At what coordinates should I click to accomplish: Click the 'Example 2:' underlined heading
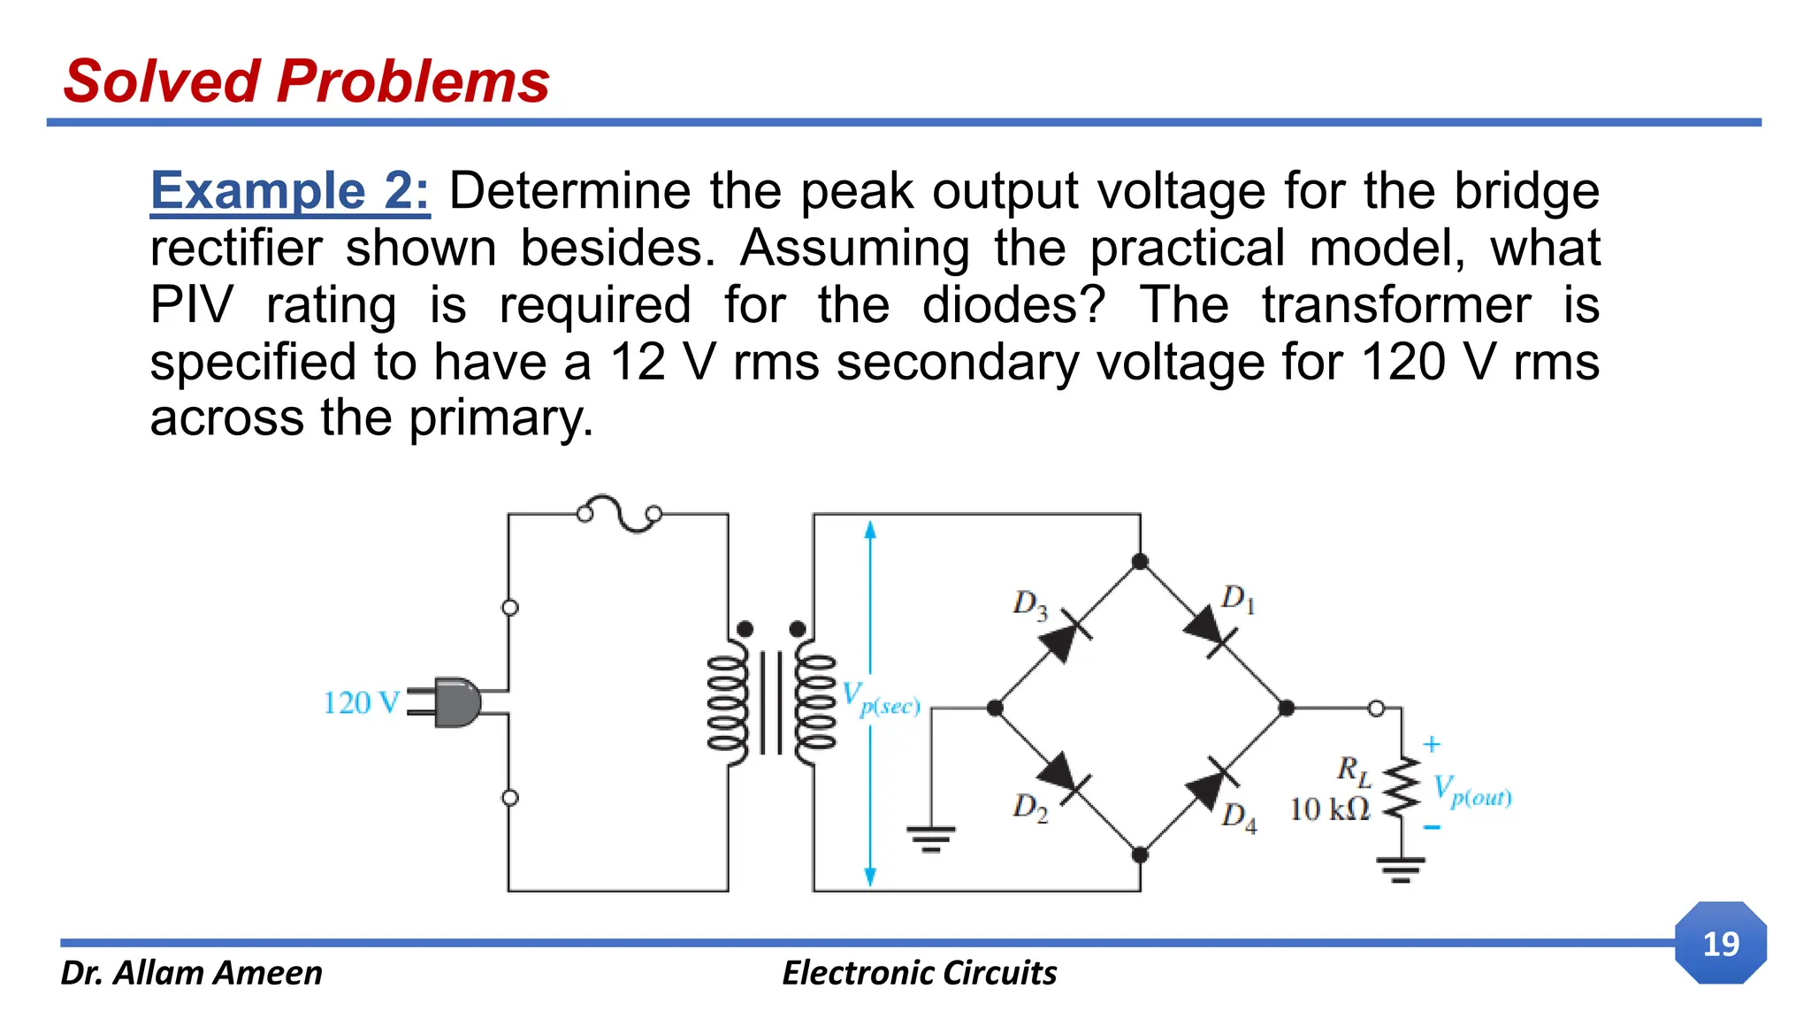click(290, 191)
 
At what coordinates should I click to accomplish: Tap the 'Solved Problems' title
click(307, 81)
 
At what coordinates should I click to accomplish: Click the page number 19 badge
click(1720, 943)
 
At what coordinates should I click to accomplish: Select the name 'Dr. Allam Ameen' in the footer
click(191, 972)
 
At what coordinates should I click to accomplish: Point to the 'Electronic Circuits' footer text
click(919, 972)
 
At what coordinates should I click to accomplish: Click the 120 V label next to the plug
click(360, 703)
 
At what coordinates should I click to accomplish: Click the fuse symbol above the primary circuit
click(619, 513)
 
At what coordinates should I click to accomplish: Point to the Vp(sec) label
click(881, 699)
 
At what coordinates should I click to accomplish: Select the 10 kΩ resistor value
click(1328, 808)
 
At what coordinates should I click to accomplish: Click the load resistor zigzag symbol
click(1401, 790)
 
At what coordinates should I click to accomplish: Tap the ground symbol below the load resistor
click(1401, 870)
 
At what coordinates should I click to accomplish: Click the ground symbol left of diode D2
click(930, 838)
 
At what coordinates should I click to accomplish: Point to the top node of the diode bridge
click(1140, 562)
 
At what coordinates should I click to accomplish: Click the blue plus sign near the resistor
click(1432, 745)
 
